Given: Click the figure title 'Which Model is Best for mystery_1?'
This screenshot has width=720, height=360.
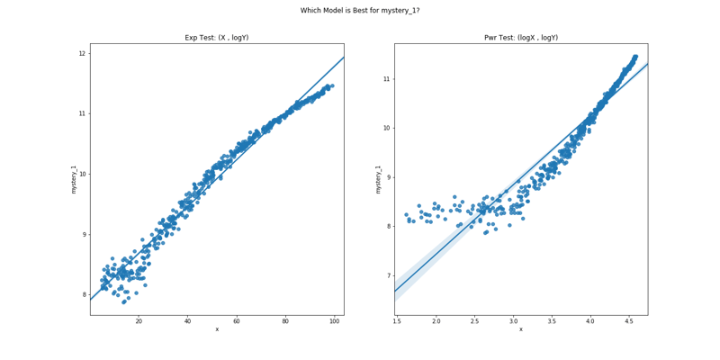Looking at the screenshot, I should tap(360, 11).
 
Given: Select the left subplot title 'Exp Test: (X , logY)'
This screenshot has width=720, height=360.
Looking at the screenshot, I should tap(216, 38).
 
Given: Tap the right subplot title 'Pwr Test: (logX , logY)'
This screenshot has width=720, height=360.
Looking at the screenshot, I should tap(520, 38).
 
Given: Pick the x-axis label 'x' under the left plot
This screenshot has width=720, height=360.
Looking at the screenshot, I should tap(216, 329).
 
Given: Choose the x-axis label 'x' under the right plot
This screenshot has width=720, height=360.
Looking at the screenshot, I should tap(520, 329).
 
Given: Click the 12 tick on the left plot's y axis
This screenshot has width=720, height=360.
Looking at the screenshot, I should tap(82, 53).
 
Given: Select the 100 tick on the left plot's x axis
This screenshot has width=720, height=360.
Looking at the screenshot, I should tap(334, 321).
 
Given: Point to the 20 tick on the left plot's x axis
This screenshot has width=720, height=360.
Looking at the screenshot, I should tap(139, 321).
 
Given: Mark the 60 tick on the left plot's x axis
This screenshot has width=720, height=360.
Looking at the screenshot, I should tap(237, 321).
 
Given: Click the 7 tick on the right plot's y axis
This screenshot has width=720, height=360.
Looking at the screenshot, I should tap(388, 275).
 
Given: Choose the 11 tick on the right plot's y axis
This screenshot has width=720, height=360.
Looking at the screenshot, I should tap(386, 79).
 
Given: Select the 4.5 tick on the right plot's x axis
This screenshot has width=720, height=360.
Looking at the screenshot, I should tap(628, 321).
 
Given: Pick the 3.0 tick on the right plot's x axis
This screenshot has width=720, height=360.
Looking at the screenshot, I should tap(513, 321).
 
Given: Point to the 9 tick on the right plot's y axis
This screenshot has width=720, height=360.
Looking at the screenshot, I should tap(388, 177).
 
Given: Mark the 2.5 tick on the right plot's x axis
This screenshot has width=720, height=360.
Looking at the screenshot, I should tap(474, 321).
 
